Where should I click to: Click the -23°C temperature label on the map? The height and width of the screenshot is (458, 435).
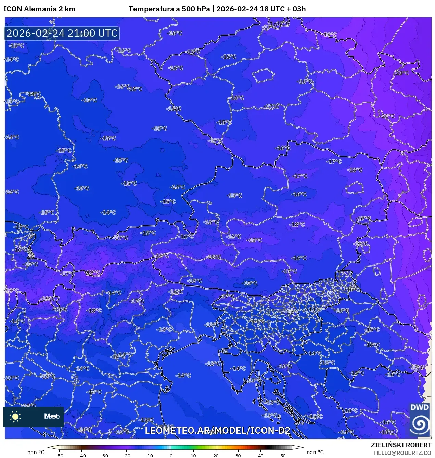(x=402, y=73)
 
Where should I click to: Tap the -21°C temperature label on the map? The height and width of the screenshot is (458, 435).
(x=387, y=116)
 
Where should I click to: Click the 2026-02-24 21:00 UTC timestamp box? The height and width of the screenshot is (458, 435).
(x=62, y=34)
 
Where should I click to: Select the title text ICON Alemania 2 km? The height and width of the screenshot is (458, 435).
(x=39, y=9)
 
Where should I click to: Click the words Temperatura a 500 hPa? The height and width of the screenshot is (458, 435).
(x=169, y=9)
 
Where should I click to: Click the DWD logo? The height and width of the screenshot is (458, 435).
(x=420, y=419)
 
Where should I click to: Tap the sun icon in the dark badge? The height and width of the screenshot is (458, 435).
(x=15, y=416)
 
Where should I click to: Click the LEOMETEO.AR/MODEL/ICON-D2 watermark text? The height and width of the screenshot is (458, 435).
(x=218, y=430)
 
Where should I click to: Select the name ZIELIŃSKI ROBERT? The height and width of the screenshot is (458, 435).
(x=401, y=445)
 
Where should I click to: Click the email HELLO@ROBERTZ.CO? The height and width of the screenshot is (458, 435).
(x=402, y=453)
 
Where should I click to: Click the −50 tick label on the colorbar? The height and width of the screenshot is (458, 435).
(x=59, y=456)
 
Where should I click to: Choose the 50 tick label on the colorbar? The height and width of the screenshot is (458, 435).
(x=283, y=456)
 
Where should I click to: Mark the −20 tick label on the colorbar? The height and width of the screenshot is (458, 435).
(x=126, y=456)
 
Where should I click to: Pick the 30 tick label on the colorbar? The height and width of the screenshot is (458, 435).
(x=238, y=456)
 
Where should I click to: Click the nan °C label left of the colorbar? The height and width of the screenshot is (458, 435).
(x=36, y=452)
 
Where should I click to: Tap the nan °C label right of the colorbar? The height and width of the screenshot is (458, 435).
(x=315, y=452)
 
